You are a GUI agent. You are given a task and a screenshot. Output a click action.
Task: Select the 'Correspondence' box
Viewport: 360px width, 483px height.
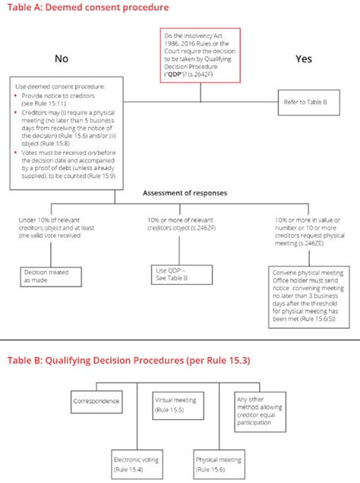tap(97, 400)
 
